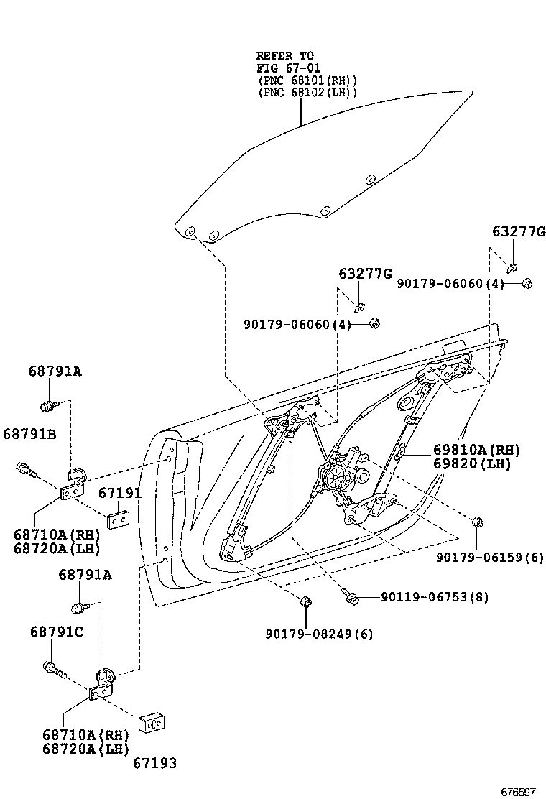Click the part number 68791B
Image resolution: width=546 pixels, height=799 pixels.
pyautogui.click(x=29, y=434)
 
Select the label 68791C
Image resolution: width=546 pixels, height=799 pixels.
pyautogui.click(x=57, y=632)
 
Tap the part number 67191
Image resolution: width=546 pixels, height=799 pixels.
pyautogui.click(x=120, y=493)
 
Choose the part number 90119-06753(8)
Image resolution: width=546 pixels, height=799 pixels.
pyautogui.click(x=435, y=597)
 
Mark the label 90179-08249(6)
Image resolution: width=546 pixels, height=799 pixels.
pyautogui.click(x=319, y=634)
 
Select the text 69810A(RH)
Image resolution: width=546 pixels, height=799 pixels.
pyautogui.click(x=476, y=451)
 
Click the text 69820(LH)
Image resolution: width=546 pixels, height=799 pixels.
pyautogui.click(x=471, y=463)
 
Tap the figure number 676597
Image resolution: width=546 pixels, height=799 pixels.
pyautogui.click(x=518, y=791)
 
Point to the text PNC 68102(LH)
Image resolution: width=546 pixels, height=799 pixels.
pyautogui.click(x=307, y=93)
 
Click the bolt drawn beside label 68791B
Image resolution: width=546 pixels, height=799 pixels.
pyautogui.click(x=24, y=471)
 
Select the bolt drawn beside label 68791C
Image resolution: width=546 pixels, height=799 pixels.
pyautogui.click(x=55, y=670)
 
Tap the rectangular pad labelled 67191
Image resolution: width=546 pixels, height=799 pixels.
pyautogui.click(x=117, y=518)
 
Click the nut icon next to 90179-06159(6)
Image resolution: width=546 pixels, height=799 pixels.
pyautogui.click(x=477, y=522)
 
